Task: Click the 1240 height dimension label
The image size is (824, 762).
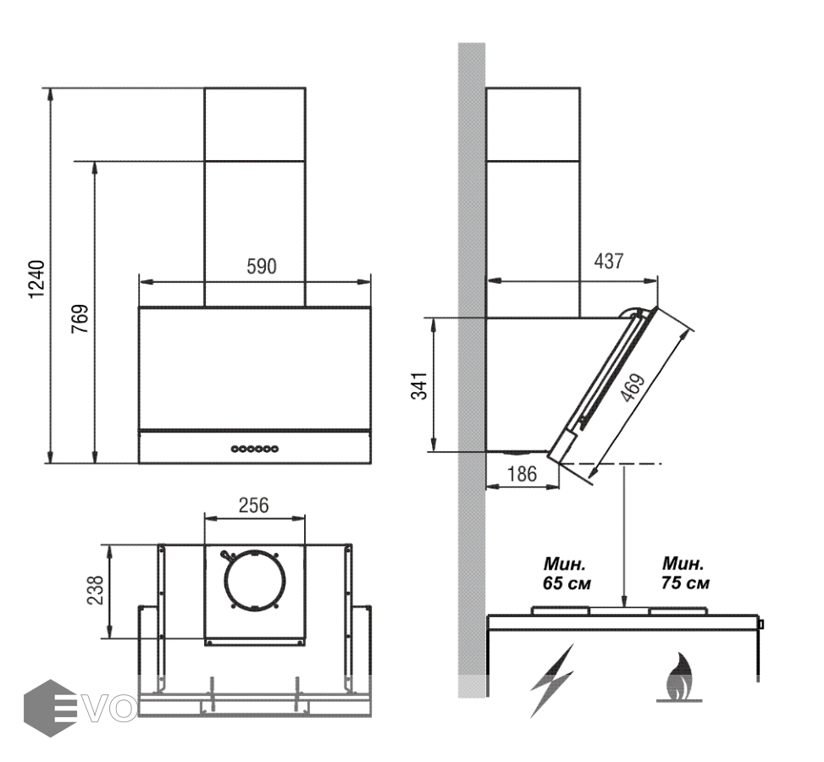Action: click(x=36, y=279)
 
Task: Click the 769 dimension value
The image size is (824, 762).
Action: click(x=80, y=318)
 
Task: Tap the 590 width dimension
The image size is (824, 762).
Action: click(x=261, y=267)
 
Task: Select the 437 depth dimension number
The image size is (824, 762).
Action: click(x=609, y=261)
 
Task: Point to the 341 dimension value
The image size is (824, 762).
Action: click(x=419, y=386)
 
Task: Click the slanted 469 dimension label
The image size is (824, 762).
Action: click(x=633, y=387)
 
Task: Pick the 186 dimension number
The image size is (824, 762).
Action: click(x=522, y=474)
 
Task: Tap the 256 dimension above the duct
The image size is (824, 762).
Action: click(x=253, y=505)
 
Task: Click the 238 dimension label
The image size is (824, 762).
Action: click(x=95, y=590)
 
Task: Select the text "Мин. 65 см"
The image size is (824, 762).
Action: click(x=567, y=573)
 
